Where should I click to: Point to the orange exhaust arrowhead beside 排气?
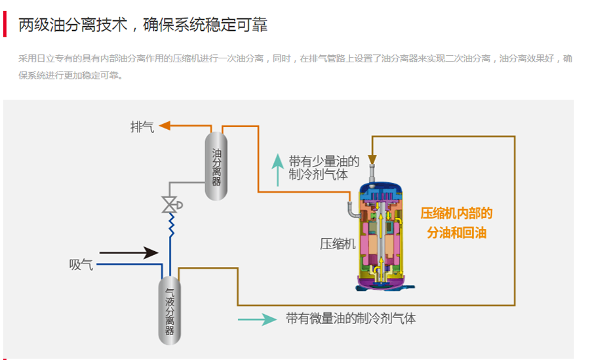click(x=165, y=126)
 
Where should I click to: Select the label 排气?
click(x=142, y=127)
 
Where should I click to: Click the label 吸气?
click(x=81, y=265)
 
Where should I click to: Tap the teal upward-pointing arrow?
click(x=278, y=169)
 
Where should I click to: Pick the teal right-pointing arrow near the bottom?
click(x=256, y=319)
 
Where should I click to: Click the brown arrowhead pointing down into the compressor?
click(x=372, y=159)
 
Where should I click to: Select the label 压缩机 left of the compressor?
click(x=338, y=244)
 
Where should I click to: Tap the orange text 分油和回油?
click(x=456, y=233)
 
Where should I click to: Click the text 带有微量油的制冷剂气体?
click(x=351, y=319)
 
